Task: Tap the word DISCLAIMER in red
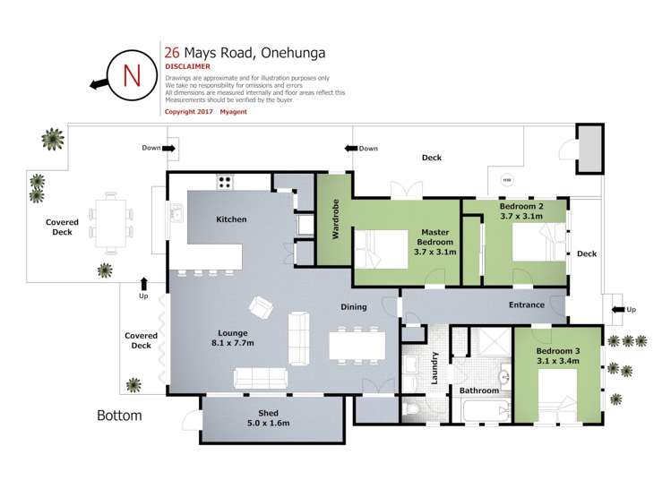click(187, 66)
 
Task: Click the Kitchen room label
click(231, 219)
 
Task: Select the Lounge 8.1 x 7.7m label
click(231, 338)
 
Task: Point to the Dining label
click(354, 307)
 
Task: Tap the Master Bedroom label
click(435, 243)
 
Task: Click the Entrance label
click(526, 305)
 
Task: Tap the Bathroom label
click(478, 390)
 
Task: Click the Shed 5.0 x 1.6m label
click(269, 417)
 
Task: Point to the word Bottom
click(119, 416)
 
